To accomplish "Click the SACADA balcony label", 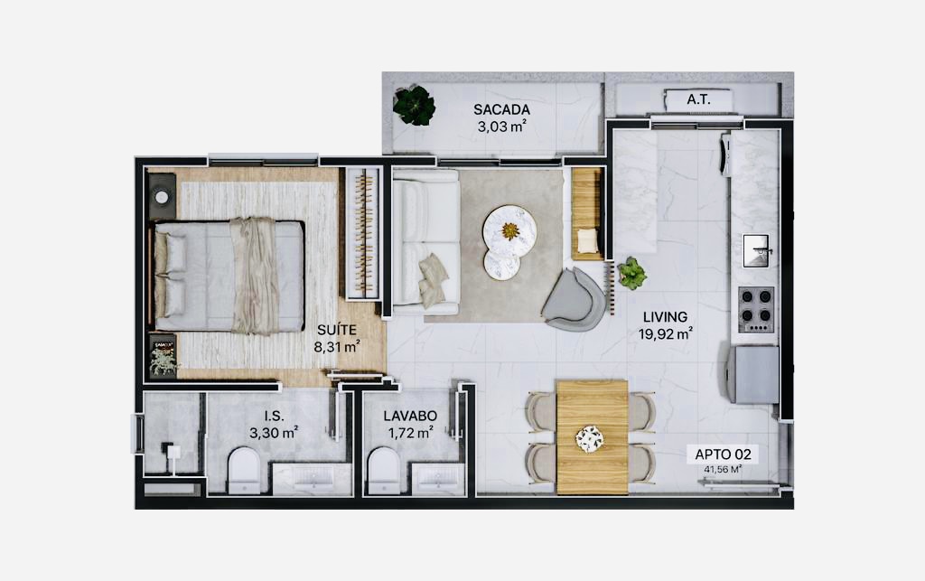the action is pyautogui.click(x=501, y=109).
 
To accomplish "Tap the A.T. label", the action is pyautogui.click(x=698, y=99).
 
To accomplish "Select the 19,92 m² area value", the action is pyautogui.click(x=665, y=334).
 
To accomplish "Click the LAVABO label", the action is pyautogui.click(x=410, y=416).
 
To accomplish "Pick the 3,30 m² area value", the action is pyautogui.click(x=274, y=433).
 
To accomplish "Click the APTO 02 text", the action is pyautogui.click(x=723, y=454).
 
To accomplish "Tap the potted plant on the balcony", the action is pyautogui.click(x=414, y=106).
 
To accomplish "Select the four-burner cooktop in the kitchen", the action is pyautogui.click(x=757, y=308).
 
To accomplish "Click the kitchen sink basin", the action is pyautogui.click(x=756, y=250).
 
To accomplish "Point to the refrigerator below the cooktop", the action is pyautogui.click(x=755, y=375).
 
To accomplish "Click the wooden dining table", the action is pyautogui.click(x=592, y=436).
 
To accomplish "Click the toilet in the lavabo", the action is pyautogui.click(x=383, y=470).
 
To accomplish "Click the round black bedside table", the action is pyautogui.click(x=161, y=197).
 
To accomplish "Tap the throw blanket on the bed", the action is pyautogui.click(x=254, y=276).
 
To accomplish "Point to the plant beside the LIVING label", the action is pyautogui.click(x=631, y=273).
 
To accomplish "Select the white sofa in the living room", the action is pyautogui.click(x=426, y=242).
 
